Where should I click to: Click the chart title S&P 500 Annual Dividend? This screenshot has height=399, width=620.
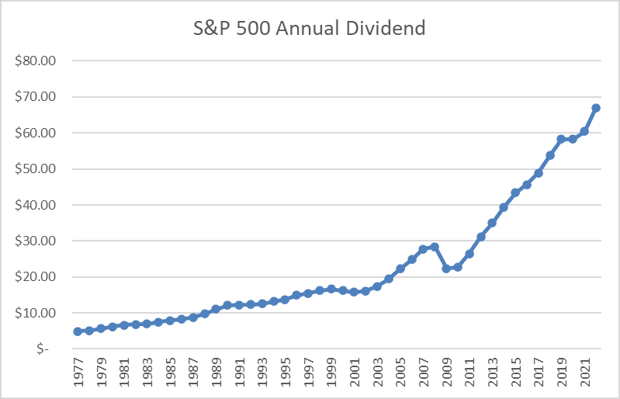click(310, 29)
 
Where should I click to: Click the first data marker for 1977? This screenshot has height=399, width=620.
click(78, 331)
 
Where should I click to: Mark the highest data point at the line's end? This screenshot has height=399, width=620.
click(595, 108)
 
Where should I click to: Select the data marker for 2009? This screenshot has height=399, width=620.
click(446, 269)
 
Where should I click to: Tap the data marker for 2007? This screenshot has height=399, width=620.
click(423, 249)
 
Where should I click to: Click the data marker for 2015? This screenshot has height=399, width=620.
click(515, 193)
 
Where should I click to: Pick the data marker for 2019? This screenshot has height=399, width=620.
click(561, 140)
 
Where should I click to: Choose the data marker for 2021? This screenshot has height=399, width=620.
click(584, 131)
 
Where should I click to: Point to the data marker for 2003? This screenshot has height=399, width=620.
click(377, 286)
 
